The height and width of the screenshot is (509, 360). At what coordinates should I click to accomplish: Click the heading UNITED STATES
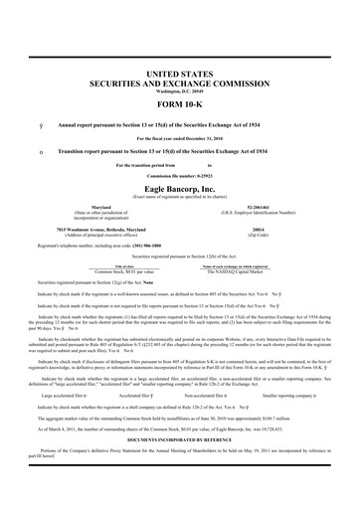click(180, 75)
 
